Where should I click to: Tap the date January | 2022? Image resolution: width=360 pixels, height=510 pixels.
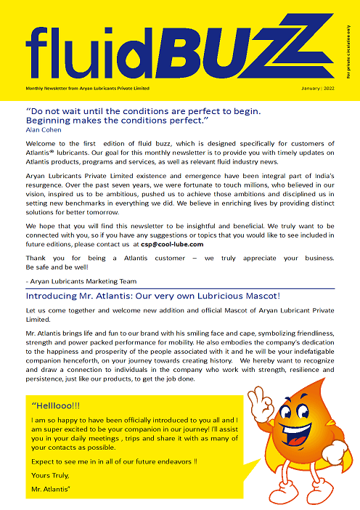[x=318, y=88]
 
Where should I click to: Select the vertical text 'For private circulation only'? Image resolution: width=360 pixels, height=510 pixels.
[x=348, y=51]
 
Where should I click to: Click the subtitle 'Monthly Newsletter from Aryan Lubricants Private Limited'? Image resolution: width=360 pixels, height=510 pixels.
[x=87, y=88]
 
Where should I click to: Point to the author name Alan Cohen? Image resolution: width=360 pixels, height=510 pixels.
[x=44, y=130]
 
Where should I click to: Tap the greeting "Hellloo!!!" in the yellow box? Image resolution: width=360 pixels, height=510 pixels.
[x=57, y=405]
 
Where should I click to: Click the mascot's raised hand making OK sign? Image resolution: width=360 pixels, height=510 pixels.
[x=256, y=398]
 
